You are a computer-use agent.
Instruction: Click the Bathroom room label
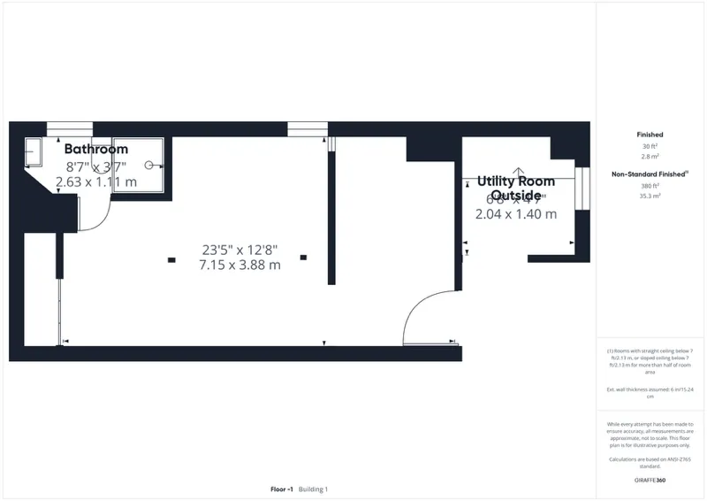point(96,149)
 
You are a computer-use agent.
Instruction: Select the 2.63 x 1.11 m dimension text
point(96,182)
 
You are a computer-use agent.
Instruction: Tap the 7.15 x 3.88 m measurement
point(240,265)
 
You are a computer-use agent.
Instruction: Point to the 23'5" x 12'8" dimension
point(240,249)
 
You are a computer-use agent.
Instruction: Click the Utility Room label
point(516,181)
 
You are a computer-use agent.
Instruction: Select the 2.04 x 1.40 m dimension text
point(516,214)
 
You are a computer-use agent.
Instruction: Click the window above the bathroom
point(69,129)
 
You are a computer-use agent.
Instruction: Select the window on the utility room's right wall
point(582,188)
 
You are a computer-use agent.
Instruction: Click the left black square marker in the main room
point(171,259)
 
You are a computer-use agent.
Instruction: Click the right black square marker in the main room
point(303,258)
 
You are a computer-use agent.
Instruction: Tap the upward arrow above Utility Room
point(519,173)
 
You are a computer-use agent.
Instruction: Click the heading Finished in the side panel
point(650,135)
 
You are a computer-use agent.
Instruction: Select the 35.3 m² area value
point(650,196)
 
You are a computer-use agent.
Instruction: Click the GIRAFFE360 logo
point(650,478)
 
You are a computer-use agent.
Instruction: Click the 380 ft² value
point(650,186)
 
